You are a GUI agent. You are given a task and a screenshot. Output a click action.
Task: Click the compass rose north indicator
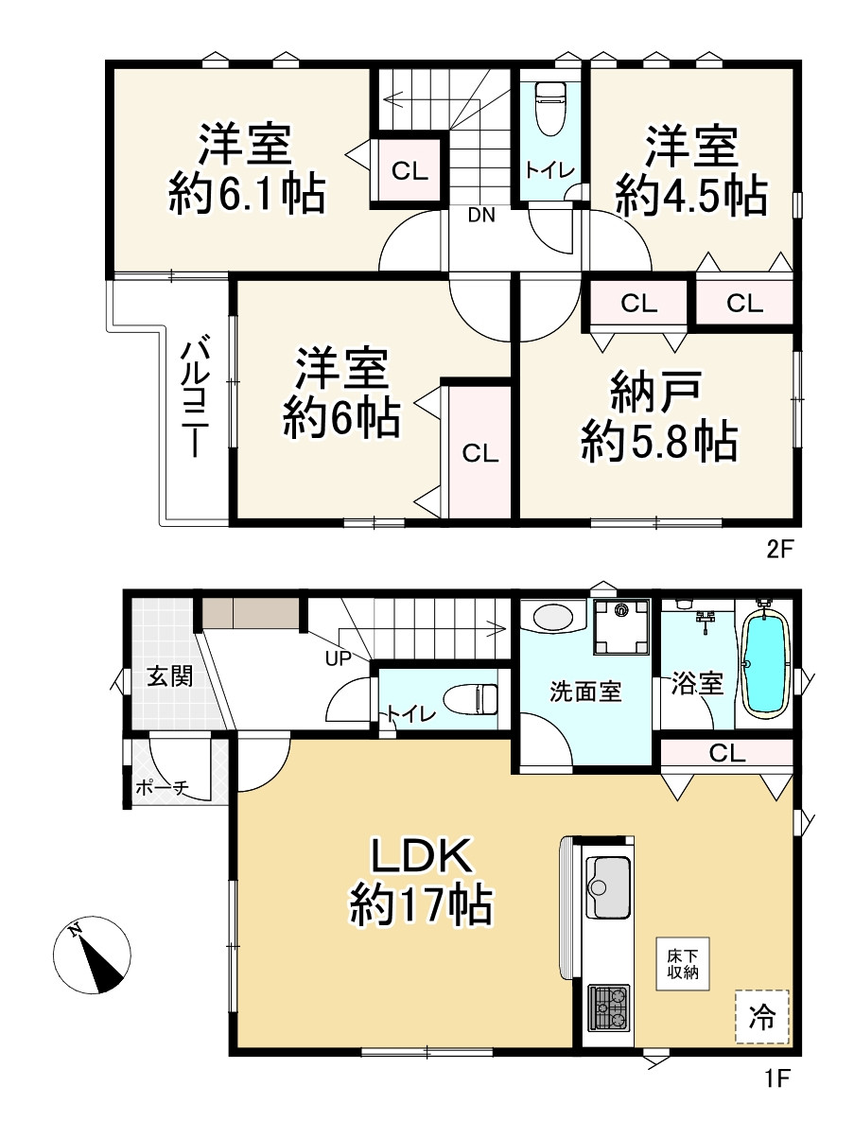click(92, 955)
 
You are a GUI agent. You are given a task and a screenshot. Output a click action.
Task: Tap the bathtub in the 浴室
click(766, 665)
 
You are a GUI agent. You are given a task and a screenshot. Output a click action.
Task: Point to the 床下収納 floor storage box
click(683, 964)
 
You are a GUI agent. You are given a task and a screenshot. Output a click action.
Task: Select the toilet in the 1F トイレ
click(471, 698)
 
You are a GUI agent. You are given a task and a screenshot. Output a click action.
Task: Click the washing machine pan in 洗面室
click(621, 627)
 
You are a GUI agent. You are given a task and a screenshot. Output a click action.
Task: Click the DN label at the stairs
click(481, 215)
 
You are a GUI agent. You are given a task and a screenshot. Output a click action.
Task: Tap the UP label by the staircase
click(339, 658)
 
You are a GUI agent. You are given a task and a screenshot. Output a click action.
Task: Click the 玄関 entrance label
click(169, 676)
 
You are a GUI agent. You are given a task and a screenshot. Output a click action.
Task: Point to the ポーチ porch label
click(162, 788)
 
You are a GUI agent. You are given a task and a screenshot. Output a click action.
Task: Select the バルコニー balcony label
click(195, 396)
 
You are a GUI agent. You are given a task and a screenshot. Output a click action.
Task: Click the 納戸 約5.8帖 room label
click(658, 416)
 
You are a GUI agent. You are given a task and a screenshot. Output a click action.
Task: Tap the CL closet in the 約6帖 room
click(479, 452)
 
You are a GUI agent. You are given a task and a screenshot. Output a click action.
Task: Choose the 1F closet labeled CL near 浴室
click(726, 752)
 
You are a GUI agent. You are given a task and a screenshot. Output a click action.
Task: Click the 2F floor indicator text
click(780, 550)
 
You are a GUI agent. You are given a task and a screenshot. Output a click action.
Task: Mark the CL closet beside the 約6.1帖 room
click(410, 170)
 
